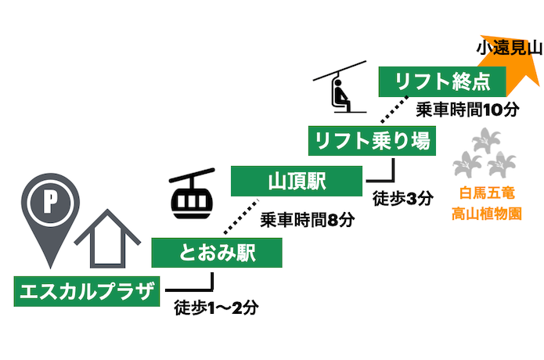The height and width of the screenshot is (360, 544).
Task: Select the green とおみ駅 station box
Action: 216,253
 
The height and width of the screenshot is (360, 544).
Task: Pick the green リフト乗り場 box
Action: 371,140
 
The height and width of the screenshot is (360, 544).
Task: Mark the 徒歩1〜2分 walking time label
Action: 217,306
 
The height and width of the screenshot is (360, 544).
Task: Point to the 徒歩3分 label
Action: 403,198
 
